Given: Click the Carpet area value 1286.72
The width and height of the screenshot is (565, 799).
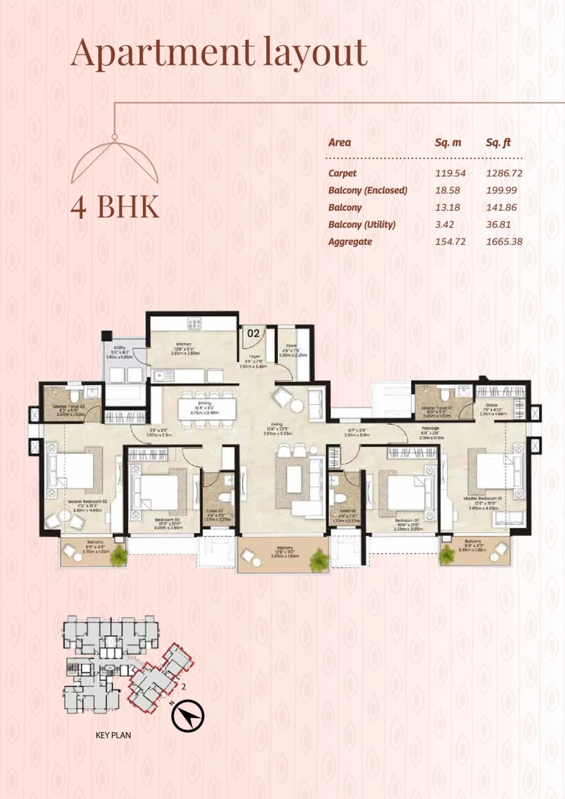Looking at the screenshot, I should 504,173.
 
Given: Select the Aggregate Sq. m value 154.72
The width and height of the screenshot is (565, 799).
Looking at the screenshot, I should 450,242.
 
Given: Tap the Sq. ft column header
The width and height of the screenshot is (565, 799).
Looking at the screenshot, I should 498,142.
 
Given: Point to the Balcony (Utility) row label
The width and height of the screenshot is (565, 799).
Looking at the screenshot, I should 361,224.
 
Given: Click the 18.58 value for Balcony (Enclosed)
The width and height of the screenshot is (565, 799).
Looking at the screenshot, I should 447,190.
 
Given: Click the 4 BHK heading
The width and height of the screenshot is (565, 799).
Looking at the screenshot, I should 115,206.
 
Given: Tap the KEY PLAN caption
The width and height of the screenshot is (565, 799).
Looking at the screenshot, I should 113,735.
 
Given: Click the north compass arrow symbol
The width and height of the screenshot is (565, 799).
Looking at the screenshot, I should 188,715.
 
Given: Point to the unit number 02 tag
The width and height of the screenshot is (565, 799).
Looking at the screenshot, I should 253,333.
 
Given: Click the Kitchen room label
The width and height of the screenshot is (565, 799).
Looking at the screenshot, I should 184,344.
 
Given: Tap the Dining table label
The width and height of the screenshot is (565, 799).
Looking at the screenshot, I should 204,403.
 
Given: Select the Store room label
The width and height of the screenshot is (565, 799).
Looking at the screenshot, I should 291,346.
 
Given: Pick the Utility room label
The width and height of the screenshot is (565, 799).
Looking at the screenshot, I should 120,347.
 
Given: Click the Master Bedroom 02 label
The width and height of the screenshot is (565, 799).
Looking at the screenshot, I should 87,502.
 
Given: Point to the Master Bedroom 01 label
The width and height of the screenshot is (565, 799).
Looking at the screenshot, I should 482,499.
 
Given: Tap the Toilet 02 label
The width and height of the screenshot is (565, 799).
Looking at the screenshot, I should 214,511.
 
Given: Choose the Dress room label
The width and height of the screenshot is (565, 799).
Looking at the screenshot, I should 491,405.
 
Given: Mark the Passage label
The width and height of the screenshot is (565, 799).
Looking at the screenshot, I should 430,428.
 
